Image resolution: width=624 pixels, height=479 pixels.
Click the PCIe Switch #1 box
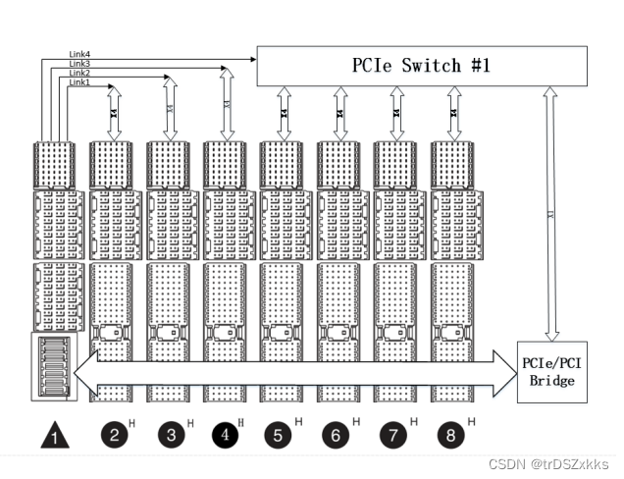pyautogui.click(x=423, y=67)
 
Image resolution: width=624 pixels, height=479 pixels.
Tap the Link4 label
pyautogui.click(x=80, y=55)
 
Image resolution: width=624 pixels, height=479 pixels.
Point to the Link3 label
pyautogui.click(x=80, y=64)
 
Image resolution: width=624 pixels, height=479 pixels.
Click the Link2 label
pyautogui.click(x=80, y=74)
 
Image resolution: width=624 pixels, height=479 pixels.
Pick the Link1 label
pyautogui.click(x=80, y=82)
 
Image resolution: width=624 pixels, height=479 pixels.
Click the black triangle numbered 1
pyautogui.click(x=53, y=434)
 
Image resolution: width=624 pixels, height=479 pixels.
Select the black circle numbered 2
pyautogui.click(x=114, y=433)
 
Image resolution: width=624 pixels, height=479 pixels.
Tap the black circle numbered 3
pyautogui.click(x=170, y=433)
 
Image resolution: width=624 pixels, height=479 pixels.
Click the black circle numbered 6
pyautogui.click(x=337, y=433)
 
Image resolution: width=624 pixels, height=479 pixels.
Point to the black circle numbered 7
pyautogui.click(x=393, y=433)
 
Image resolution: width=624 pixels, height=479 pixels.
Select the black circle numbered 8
pyautogui.click(x=449, y=433)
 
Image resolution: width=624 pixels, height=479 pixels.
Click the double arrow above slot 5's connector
pyautogui.click(x=284, y=114)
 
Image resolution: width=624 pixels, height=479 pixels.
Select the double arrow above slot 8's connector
pyautogui.click(x=453, y=114)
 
